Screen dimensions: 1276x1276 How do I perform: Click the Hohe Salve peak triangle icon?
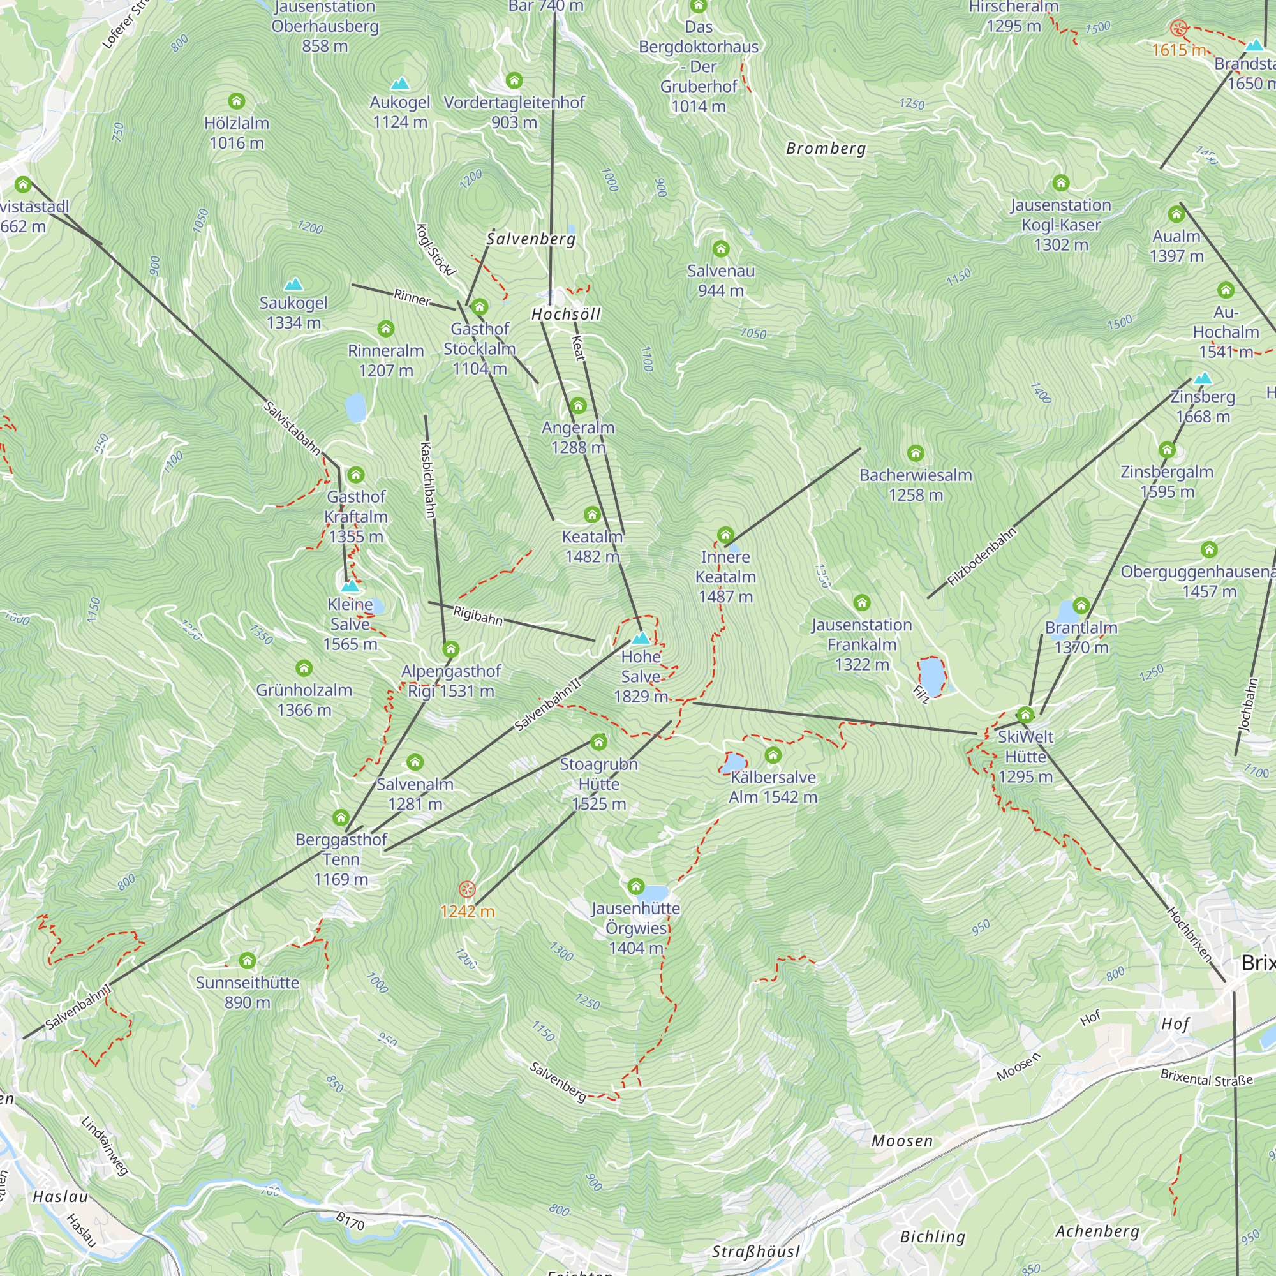641,638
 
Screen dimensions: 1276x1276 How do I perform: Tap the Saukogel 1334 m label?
293,313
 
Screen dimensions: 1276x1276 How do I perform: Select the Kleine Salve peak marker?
350,586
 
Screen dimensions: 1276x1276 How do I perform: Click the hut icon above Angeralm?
578,406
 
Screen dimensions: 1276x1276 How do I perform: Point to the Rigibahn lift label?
477,616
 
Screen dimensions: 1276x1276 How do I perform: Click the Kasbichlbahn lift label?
428,480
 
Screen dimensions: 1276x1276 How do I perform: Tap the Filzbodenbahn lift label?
981,557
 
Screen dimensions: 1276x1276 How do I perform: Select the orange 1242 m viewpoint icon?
467,889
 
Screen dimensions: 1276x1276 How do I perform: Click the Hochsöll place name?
566,315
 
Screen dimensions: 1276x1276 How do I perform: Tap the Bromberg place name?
826,149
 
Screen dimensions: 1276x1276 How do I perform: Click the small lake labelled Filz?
932,675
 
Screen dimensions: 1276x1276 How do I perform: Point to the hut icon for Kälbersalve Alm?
773,755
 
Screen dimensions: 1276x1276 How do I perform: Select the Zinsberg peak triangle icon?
1203,378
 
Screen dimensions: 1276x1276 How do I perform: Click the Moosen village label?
901,1141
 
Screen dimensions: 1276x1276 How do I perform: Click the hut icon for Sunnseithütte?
247,960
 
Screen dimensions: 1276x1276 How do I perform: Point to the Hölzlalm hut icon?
237,101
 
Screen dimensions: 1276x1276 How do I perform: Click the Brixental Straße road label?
1206,1078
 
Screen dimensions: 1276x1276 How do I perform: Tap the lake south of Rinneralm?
355,408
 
